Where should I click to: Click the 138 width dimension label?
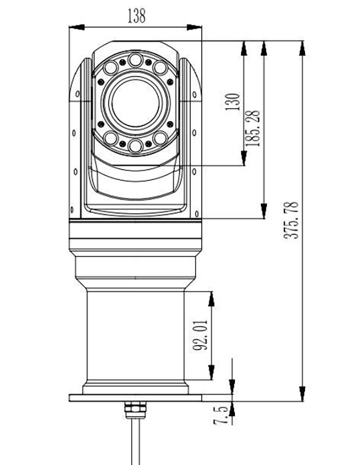click(136, 16)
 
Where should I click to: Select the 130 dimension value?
click(232, 102)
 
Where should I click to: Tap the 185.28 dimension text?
click(253, 128)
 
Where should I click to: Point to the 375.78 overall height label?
click(291, 220)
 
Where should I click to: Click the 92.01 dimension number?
click(200, 335)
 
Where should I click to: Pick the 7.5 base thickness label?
click(221, 415)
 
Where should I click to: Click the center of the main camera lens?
click(135, 103)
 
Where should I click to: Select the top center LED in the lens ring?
click(135, 60)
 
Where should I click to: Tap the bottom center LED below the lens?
click(135, 146)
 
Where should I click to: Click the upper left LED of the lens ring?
click(110, 68)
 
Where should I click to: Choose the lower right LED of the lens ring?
click(160, 138)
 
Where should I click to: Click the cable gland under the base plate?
click(135, 410)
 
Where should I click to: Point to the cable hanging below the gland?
click(136, 441)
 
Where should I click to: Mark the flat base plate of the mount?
click(135, 398)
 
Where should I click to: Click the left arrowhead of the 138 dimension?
click(77, 27)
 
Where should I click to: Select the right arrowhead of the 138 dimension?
click(194, 27)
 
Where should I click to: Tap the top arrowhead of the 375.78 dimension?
click(302, 48)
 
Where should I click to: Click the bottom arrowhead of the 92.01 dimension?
click(211, 372)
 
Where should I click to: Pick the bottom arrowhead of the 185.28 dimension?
click(264, 211)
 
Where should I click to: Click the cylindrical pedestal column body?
click(135, 336)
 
